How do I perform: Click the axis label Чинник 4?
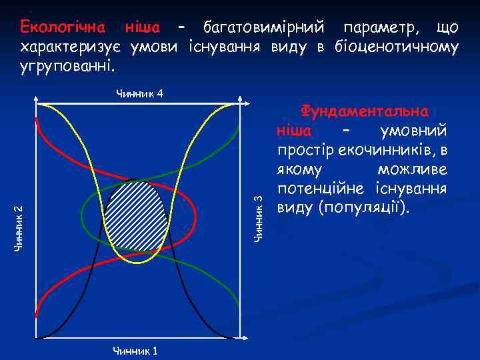[139, 93]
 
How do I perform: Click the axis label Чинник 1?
[135, 351]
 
